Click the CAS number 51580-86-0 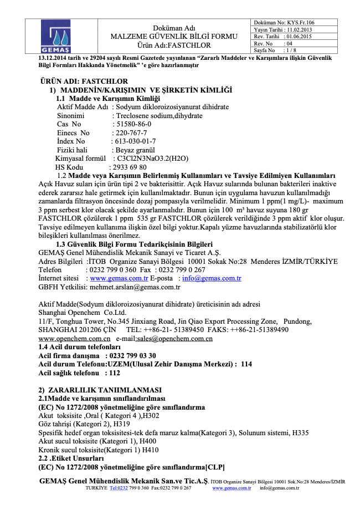(132, 124)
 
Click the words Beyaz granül (133, 150)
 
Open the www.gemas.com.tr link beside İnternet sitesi (119, 278)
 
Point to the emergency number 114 (246, 364)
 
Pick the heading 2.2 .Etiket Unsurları (71, 458)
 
